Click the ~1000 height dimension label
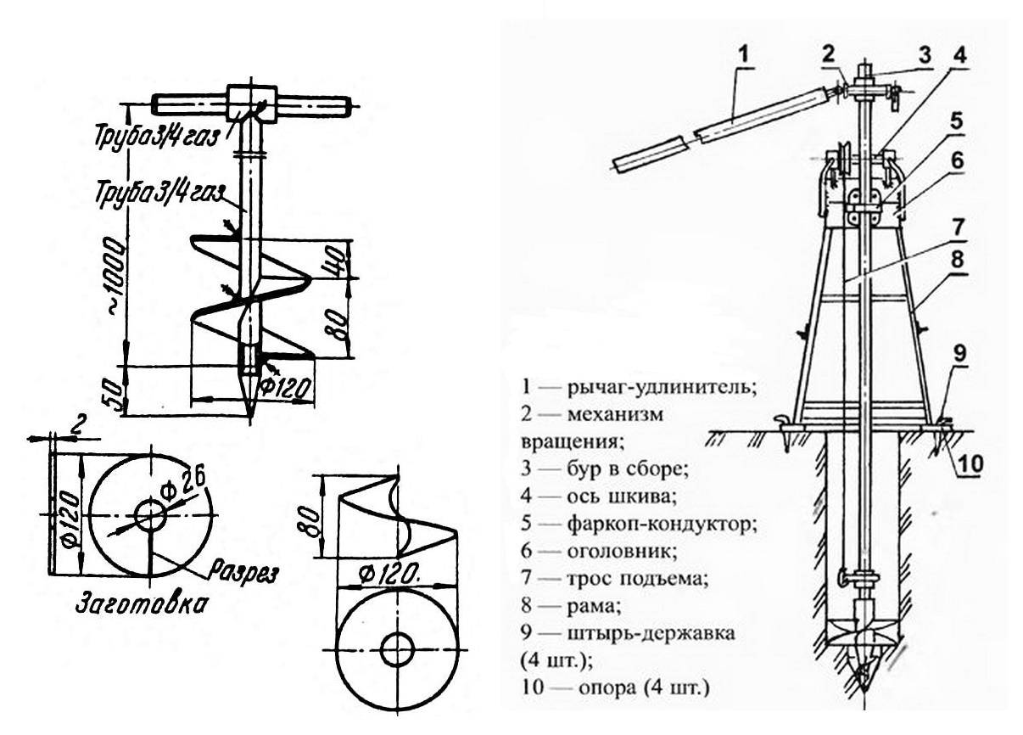[115, 276]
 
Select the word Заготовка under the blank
[141, 604]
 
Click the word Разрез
[243, 571]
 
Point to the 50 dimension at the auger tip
[115, 393]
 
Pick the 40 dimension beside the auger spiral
[338, 259]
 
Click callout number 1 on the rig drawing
[744, 54]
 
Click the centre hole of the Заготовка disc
[150, 514]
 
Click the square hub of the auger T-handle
[252, 104]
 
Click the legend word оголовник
[622, 551]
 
